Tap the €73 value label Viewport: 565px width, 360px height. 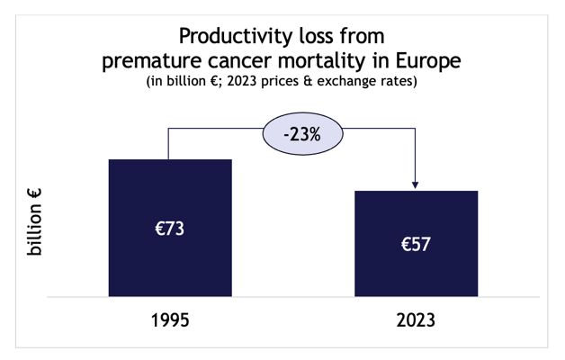coord(170,229)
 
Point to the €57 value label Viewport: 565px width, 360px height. coord(416,244)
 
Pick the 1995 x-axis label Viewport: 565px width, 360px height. coord(170,320)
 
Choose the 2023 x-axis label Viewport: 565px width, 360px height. coord(416,320)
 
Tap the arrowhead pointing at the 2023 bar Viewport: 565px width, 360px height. coord(415,184)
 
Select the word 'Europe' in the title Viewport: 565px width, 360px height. coord(428,61)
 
